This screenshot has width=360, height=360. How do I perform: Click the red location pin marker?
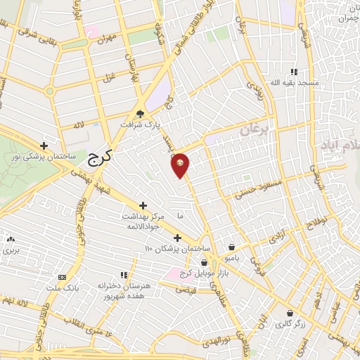[180, 165]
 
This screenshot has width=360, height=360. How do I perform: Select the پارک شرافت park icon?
[141, 115]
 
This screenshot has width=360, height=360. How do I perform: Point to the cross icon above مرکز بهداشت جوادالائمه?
[143, 206]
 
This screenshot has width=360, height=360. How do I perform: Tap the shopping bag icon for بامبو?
[232, 247]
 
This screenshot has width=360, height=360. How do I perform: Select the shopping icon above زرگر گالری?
[290, 313]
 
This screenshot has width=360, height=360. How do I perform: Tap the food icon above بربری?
[10, 240]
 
